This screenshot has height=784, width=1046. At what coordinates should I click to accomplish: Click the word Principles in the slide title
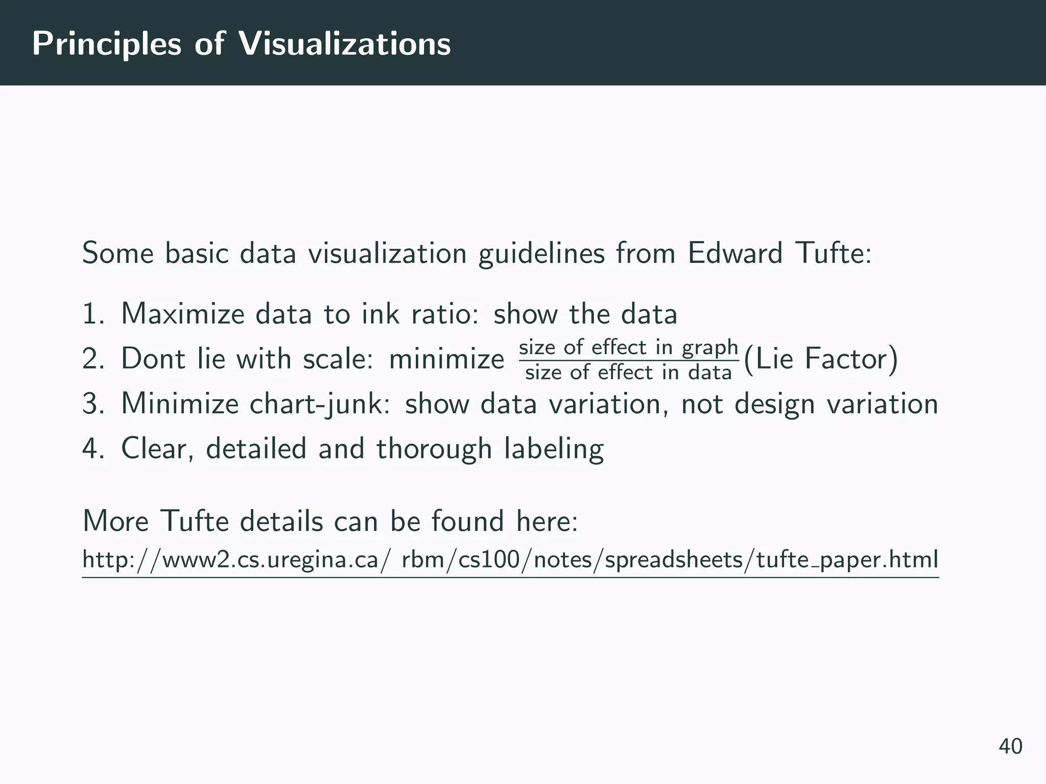107,44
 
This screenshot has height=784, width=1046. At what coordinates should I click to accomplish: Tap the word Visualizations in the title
345,43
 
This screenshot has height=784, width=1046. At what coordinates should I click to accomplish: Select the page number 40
1010,746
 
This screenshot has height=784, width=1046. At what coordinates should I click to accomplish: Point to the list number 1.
91,314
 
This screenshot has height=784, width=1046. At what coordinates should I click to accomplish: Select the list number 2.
92,359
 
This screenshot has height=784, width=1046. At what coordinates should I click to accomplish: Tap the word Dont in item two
152,359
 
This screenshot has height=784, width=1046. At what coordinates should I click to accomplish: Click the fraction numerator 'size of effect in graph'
628,348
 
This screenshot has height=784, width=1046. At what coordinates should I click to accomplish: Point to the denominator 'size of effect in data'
628,373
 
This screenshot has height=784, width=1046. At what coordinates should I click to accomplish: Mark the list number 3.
92,404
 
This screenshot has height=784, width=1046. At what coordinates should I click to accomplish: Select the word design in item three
774,404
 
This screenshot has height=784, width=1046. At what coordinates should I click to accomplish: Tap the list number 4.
92,449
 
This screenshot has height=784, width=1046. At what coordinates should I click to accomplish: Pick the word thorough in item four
434,449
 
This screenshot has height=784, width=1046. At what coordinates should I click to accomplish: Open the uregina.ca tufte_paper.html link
510,560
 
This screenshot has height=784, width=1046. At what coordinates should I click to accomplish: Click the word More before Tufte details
115,522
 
